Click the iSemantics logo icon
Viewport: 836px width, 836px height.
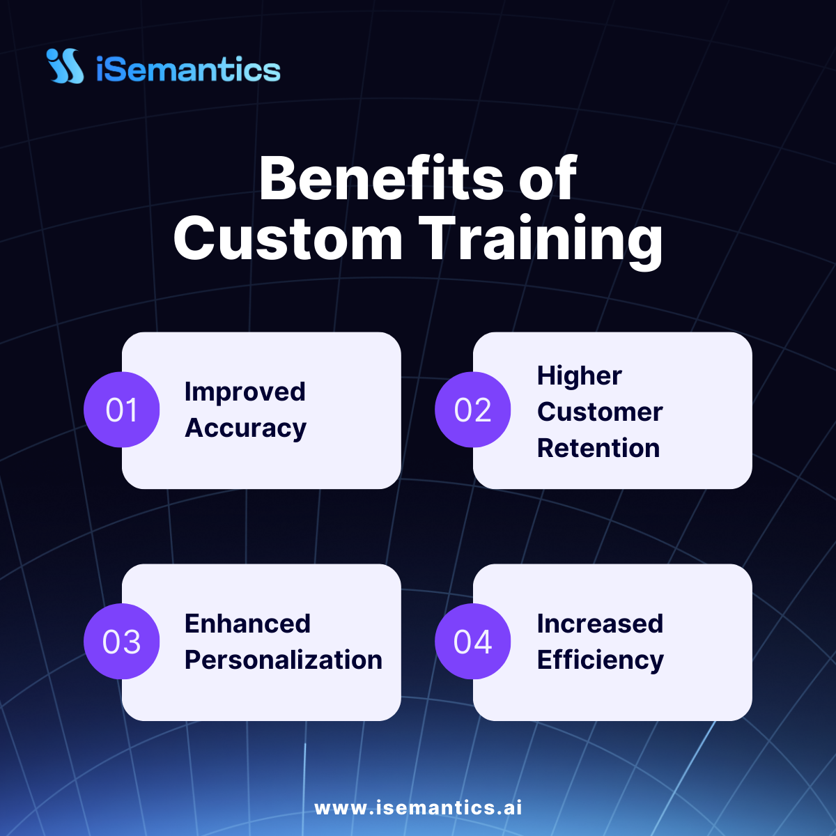click(65, 65)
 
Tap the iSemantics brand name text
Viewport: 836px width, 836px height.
click(188, 69)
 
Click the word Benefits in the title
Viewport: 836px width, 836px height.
click(381, 178)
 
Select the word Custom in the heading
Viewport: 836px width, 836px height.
click(288, 238)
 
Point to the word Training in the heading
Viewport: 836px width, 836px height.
click(541, 242)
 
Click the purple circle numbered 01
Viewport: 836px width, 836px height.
click(121, 410)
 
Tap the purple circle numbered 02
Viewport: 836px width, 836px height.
click(472, 410)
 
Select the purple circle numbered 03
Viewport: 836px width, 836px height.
click(121, 641)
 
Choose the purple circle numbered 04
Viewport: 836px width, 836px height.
click(472, 641)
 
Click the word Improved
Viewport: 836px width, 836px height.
click(245, 393)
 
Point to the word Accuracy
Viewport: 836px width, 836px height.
click(245, 429)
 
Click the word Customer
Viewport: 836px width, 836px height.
click(600, 412)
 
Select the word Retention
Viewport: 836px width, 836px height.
click(598, 448)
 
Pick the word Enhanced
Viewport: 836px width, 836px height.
click(248, 624)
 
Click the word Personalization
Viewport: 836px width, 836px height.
click(284, 660)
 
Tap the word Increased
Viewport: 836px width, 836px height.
click(600, 624)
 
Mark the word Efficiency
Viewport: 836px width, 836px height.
click(601, 660)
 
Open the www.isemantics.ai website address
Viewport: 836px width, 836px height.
click(418, 808)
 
